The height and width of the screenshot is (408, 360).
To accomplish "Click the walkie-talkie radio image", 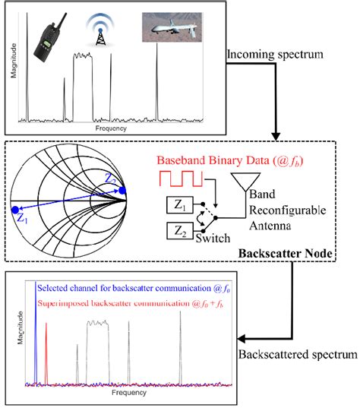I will [47, 39].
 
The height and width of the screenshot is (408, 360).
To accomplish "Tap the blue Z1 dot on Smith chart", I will [14, 210].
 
